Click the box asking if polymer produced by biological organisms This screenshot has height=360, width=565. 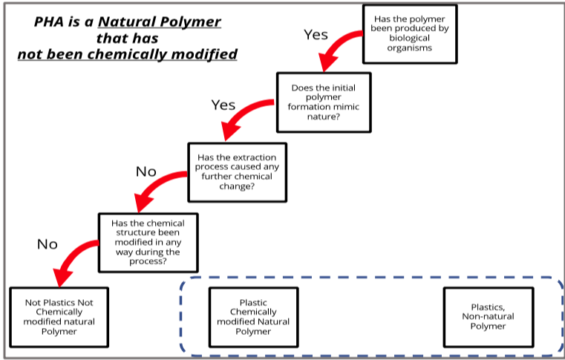point(409,33)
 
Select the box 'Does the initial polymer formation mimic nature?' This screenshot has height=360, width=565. point(323,102)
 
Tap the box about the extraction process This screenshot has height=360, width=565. point(236,172)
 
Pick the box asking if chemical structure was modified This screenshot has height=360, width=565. point(148,243)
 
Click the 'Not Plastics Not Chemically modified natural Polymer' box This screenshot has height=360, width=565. point(59,317)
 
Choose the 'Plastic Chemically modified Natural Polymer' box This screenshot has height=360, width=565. point(254,317)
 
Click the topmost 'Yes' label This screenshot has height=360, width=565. point(316,35)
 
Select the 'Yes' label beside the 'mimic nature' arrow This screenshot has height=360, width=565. point(223,105)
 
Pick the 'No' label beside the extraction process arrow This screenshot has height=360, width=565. point(146,172)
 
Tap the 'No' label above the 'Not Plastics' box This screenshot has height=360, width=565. point(47,244)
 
